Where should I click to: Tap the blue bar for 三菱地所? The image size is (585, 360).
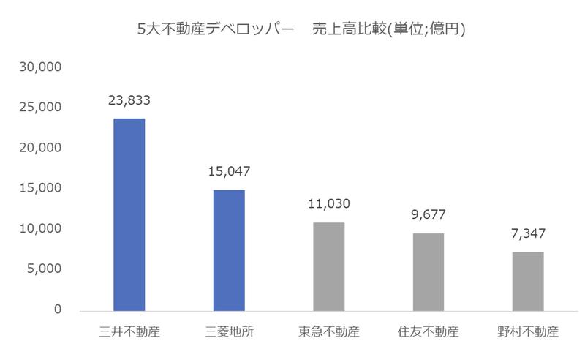(229, 250)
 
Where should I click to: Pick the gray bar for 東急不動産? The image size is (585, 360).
(329, 266)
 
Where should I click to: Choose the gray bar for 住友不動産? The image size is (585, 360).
(429, 271)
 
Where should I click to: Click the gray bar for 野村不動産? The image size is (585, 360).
(528, 280)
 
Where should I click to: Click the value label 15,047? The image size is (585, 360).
(229, 173)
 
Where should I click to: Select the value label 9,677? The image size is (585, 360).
(429, 217)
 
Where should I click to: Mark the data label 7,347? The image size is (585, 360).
(528, 236)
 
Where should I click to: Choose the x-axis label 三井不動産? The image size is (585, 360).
(129, 331)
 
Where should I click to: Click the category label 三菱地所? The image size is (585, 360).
(229, 331)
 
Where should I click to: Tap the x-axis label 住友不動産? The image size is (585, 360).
(429, 331)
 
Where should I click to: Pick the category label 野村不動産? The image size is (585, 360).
(528, 331)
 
